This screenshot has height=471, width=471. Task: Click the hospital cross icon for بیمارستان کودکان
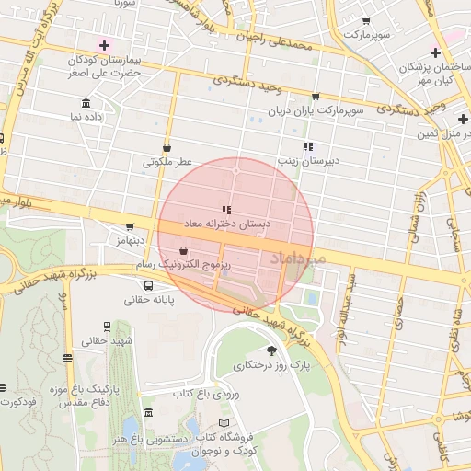coord(104,45)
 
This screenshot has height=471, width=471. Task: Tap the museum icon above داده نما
coord(86,102)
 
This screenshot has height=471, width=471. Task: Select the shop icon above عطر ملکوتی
coord(167,147)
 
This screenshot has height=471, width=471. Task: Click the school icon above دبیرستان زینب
coord(308,146)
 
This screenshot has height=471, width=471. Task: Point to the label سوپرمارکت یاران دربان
coord(316,110)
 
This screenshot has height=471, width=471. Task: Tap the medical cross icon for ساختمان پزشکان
coord(435,52)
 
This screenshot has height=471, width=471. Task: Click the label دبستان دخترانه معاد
coord(225,224)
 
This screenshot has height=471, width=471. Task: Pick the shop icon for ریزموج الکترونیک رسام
coord(183,249)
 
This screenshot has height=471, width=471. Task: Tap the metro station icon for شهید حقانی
coord(109,326)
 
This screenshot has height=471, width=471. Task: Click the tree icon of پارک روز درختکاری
coord(270,350)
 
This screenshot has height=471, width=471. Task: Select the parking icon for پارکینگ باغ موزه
coord(65,359)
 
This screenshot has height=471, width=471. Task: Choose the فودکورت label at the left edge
coord(17,402)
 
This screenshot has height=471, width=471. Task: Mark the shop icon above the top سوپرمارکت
coord(367,20)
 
